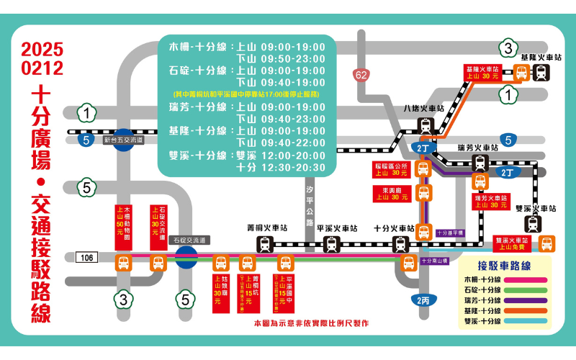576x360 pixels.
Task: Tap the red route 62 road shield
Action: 361,74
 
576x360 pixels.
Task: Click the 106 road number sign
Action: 87,257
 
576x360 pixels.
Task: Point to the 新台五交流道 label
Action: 124,140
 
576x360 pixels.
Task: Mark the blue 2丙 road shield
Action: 422,300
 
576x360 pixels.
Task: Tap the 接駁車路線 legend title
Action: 505,265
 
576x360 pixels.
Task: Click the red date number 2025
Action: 42,50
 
